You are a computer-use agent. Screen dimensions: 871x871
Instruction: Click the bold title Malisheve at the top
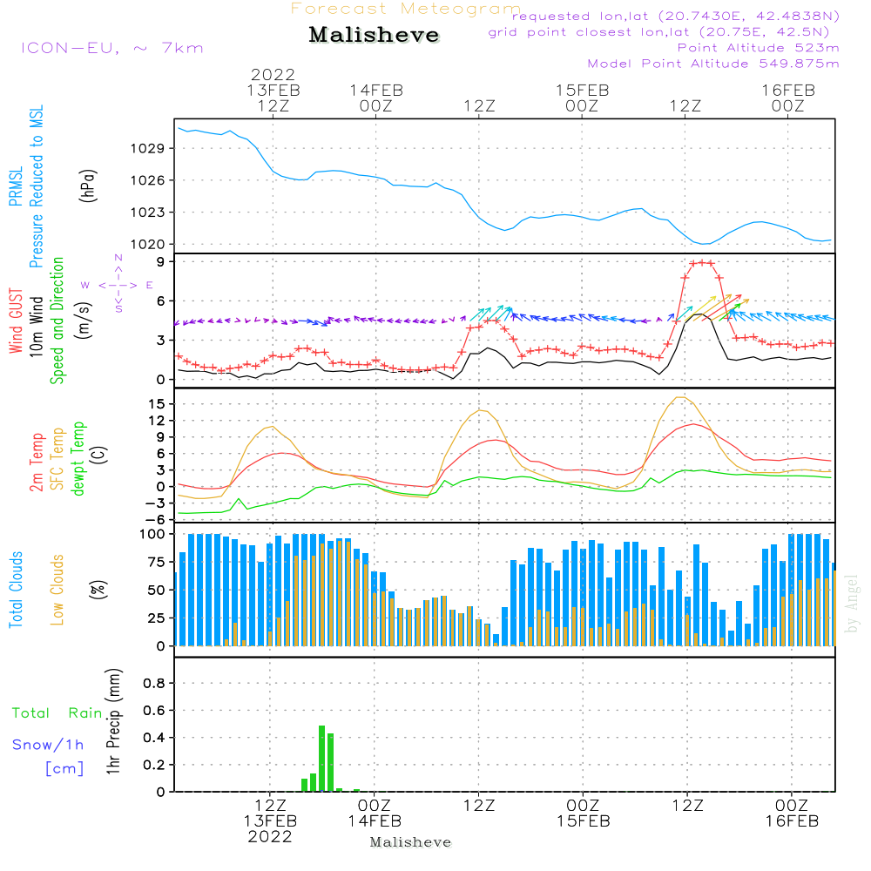click(x=374, y=35)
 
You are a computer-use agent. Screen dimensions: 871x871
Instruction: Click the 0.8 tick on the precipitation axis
click(x=154, y=683)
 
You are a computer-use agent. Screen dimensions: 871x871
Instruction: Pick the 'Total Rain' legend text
click(x=57, y=713)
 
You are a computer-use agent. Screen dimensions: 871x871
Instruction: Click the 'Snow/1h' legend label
click(x=48, y=745)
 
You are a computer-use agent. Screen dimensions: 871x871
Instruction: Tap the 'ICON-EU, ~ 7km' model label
click(x=112, y=48)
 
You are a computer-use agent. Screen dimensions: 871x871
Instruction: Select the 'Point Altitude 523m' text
click(x=759, y=48)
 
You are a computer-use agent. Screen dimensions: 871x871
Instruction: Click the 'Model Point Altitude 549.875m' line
click(x=713, y=64)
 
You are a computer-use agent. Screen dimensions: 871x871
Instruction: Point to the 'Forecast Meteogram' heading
click(x=406, y=9)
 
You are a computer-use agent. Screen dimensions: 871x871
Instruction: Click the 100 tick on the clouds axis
click(x=152, y=535)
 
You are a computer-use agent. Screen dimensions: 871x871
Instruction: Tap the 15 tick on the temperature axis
click(x=157, y=404)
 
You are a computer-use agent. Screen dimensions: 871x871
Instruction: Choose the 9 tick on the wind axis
click(x=161, y=261)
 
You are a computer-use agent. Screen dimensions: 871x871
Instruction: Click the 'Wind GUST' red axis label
click(x=16, y=321)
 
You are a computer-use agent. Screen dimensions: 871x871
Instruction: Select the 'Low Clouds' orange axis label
click(x=57, y=590)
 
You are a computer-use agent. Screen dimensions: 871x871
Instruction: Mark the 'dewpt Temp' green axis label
click(x=78, y=458)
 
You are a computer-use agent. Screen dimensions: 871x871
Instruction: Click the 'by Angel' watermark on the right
click(x=852, y=604)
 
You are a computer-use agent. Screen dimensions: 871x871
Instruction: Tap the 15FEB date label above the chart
click(x=583, y=91)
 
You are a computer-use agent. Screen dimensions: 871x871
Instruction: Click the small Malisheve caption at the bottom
click(x=410, y=842)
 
